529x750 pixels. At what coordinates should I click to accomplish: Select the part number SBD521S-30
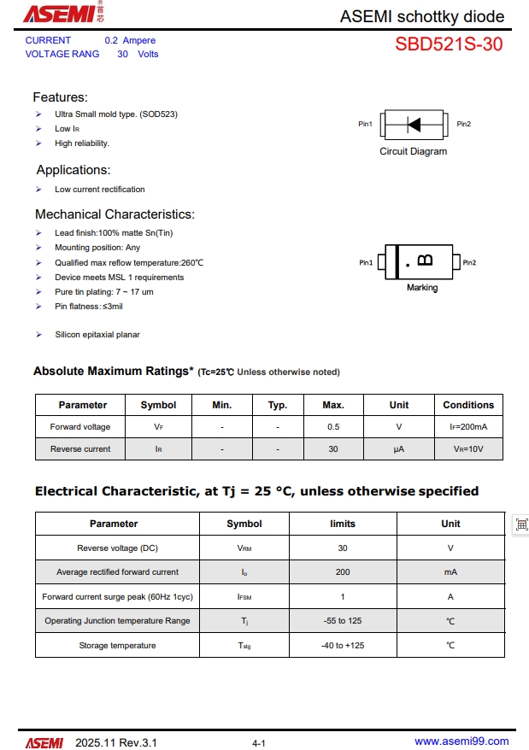449,45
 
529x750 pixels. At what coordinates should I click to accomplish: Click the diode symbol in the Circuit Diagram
414,125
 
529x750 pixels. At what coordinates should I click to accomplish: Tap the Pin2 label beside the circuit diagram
463,125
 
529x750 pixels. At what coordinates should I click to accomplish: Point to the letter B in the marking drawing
425,260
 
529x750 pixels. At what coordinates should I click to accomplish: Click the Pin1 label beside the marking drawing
366,263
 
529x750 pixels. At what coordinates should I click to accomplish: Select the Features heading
60,97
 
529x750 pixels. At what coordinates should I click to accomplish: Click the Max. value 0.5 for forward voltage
333,427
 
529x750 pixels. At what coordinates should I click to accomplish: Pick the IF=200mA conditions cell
468,427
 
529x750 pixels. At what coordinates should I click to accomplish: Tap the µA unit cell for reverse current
399,449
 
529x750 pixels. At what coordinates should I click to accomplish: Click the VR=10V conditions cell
468,449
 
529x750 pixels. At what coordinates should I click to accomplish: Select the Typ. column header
278,405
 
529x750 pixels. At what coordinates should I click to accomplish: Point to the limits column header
343,524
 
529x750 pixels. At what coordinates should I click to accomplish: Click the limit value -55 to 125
343,621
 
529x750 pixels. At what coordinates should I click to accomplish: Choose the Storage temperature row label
117,646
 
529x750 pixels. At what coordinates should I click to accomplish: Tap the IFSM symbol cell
244,597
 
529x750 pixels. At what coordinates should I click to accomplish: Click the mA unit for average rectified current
450,572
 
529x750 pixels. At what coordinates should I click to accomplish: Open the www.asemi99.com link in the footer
461,741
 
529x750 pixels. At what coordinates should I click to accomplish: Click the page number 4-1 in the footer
259,743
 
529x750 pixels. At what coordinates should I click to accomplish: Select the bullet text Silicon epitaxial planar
97,335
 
